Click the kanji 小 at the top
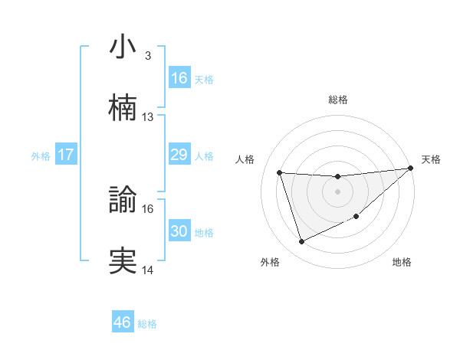pyautogui.click(x=123, y=47)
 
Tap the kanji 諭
pyautogui.click(x=123, y=200)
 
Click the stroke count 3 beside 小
pyautogui.click(x=147, y=56)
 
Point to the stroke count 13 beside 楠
pyautogui.click(x=148, y=117)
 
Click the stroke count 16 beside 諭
pyautogui.click(x=148, y=209)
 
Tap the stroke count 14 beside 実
pyautogui.click(x=148, y=270)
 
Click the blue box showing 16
pyautogui.click(x=179, y=78)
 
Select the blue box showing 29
pyautogui.click(x=179, y=155)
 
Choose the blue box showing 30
pyautogui.click(x=179, y=231)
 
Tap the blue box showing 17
pyautogui.click(x=66, y=155)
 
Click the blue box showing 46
pyautogui.click(x=123, y=322)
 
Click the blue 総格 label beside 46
pyautogui.click(x=147, y=324)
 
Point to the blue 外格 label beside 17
pyautogui.click(x=41, y=156)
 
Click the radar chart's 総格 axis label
pyautogui.click(x=338, y=100)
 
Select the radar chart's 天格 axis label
pyautogui.click(x=431, y=159)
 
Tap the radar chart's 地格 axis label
pyautogui.click(x=402, y=263)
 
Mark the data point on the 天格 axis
pyautogui.click(x=409, y=169)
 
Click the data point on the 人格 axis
pyautogui.click(x=280, y=172)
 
